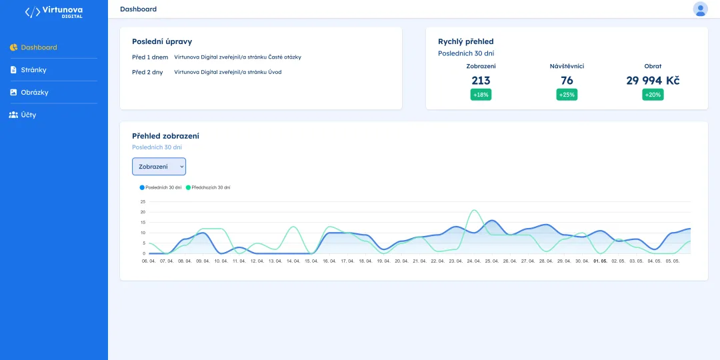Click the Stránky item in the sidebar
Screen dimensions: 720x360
coord(28,70)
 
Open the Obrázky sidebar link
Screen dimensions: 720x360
coord(29,92)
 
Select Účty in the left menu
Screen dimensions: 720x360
coord(23,115)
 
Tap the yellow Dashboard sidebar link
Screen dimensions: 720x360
coord(33,47)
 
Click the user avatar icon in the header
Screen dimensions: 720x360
coord(700,9)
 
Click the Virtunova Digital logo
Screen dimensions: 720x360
coord(54,12)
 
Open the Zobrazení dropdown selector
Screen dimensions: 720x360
coord(159,166)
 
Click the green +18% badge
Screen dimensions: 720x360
coord(481,95)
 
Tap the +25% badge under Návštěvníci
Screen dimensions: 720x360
coord(567,95)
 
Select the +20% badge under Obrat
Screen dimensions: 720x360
coord(653,95)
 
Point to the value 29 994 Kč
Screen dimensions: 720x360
coord(653,81)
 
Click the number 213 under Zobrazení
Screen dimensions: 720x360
coord(481,81)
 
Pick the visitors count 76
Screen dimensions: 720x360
coord(567,81)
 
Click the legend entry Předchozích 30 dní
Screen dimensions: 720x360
coord(207,187)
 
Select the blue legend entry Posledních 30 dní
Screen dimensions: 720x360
coord(160,187)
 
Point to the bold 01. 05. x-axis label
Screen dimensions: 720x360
coord(600,261)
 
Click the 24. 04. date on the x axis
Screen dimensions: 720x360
coord(473,261)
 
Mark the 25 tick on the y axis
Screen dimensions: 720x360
coord(143,201)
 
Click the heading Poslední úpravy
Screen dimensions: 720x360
coord(162,41)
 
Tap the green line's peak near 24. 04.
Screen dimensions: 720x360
coord(473,210)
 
